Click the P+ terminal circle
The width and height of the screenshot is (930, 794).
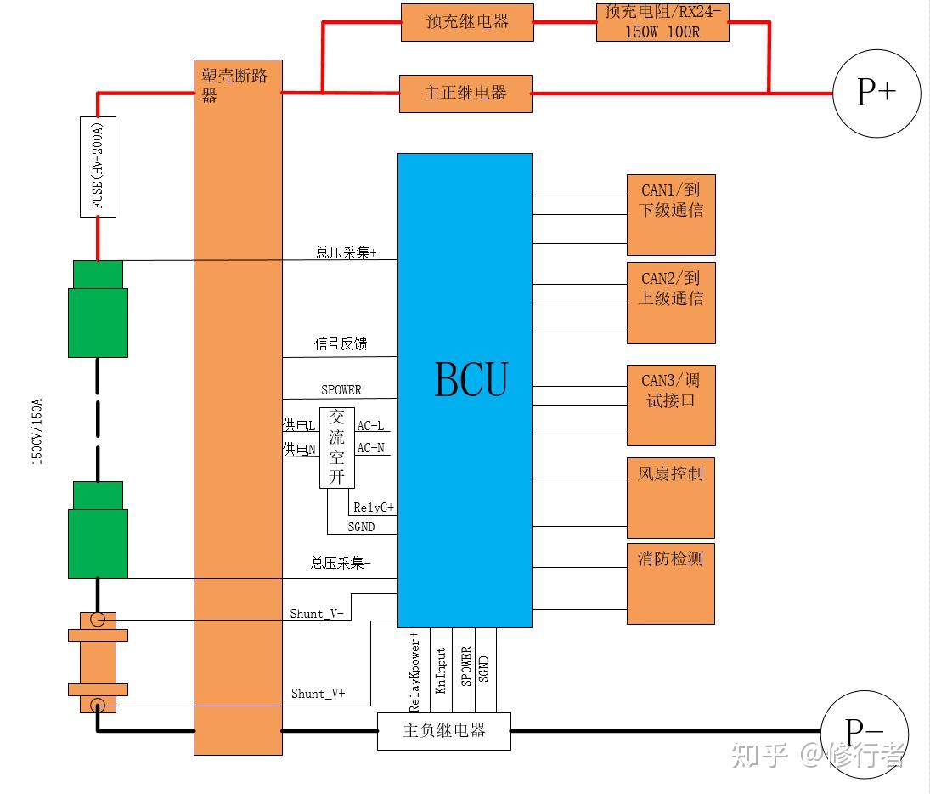tap(876, 94)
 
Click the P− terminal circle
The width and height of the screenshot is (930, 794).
tap(865, 734)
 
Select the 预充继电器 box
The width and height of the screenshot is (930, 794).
tap(467, 23)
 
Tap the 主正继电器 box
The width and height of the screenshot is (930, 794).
tap(465, 94)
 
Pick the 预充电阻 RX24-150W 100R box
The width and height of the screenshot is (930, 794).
tap(662, 22)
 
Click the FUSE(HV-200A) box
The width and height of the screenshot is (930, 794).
tap(98, 167)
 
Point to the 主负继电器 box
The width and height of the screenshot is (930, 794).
tap(444, 731)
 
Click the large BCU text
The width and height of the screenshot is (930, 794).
tap(471, 379)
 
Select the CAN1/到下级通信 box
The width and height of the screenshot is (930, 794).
tap(672, 215)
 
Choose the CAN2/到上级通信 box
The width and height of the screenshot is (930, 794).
tap(672, 303)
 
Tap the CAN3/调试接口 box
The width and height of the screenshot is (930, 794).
tap(672, 406)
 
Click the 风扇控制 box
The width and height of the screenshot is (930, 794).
tap(671, 498)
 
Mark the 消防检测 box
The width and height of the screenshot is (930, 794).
tap(671, 584)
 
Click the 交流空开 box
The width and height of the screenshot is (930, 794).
tap(337, 448)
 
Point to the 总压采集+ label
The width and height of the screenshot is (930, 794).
tap(347, 253)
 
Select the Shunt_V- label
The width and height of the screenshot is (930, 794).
tap(317, 614)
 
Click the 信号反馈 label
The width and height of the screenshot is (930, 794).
tap(341, 343)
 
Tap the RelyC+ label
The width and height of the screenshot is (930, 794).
tap(374, 508)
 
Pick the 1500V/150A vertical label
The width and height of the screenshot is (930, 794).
tap(37, 432)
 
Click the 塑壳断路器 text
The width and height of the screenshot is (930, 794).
tap(234, 85)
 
